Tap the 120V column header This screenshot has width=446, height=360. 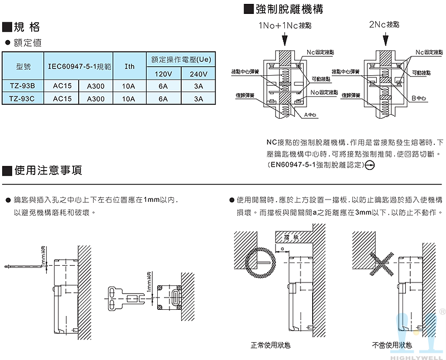tap(163, 74)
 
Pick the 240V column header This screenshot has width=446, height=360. tap(198, 74)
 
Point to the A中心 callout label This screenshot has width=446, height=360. tap(310, 114)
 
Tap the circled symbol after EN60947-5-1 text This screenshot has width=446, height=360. tap(370, 165)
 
